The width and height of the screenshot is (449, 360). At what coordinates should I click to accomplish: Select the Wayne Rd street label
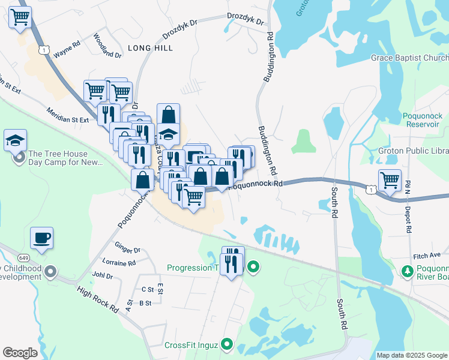tap(67, 49)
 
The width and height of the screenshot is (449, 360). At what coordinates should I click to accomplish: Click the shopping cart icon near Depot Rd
tap(390, 179)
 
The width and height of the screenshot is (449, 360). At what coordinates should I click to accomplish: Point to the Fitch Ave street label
tap(427, 256)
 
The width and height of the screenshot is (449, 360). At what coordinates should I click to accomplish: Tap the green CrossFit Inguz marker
tap(226, 344)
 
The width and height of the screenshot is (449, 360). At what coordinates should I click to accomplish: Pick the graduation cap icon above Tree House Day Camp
tap(15, 140)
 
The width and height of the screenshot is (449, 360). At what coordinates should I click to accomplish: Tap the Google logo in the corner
tap(20, 353)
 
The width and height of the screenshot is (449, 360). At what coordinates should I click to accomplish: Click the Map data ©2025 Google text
tap(412, 355)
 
